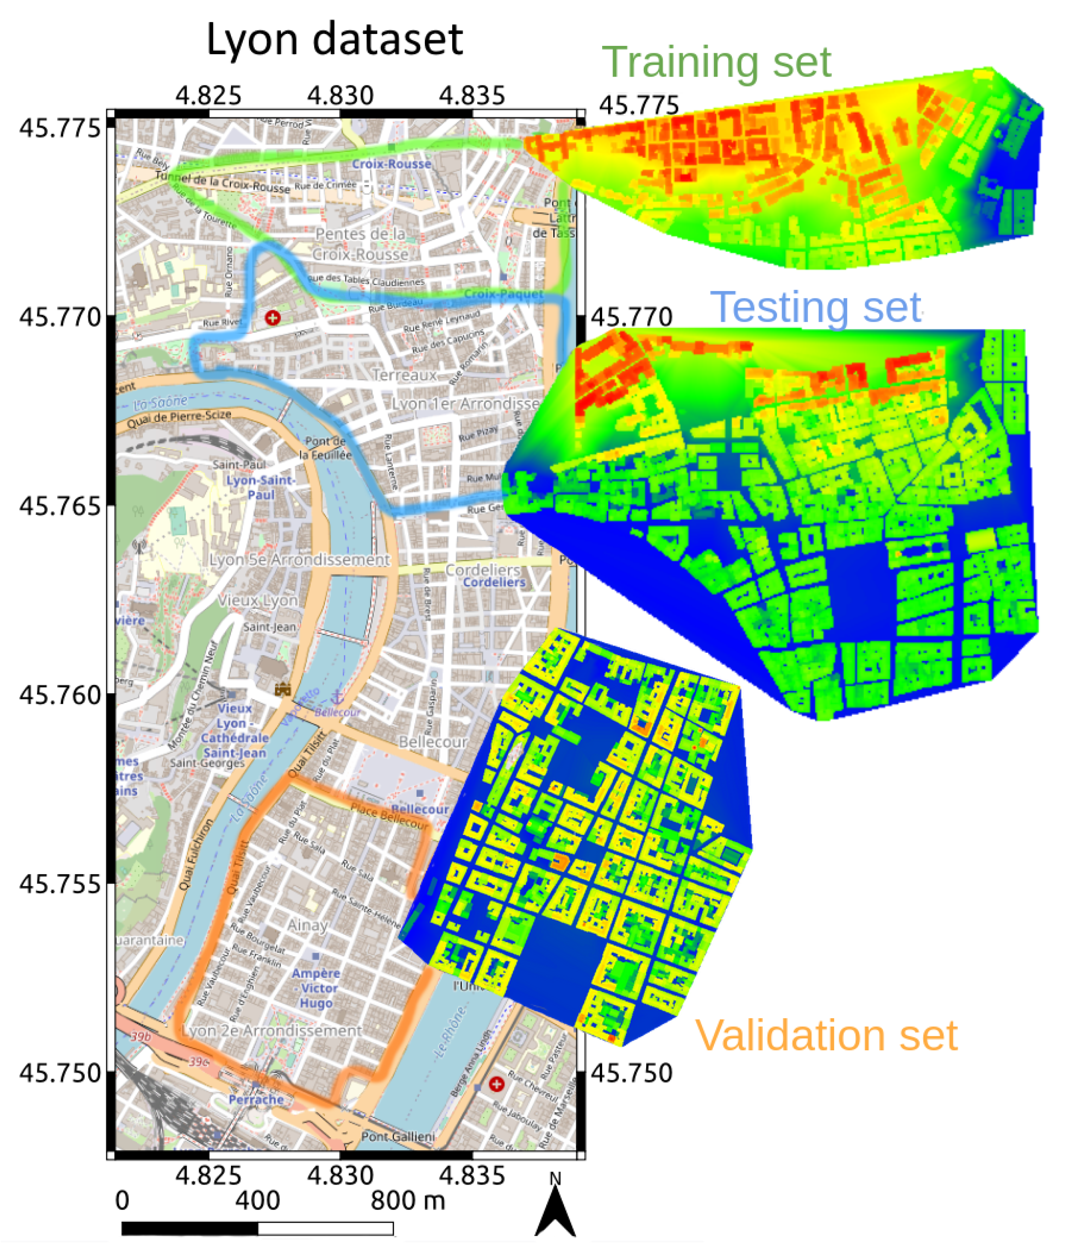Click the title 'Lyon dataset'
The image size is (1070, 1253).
[335, 40]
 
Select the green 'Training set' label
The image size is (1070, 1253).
[716, 62]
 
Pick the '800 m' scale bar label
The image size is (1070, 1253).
[407, 1200]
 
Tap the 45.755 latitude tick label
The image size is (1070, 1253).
[59, 884]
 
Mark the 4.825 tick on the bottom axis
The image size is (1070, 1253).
[209, 1176]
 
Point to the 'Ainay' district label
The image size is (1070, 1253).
[307, 925]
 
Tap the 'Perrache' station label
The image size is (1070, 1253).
[256, 1099]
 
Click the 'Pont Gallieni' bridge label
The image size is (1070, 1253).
[398, 1136]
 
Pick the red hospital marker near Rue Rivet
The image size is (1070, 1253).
[273, 317]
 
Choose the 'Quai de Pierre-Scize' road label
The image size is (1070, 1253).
[179, 418]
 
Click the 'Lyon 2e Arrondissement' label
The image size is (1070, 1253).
[272, 1031]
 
